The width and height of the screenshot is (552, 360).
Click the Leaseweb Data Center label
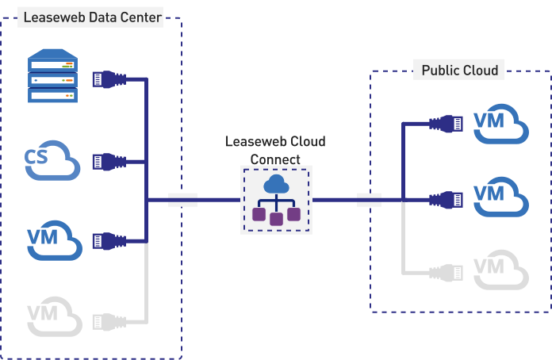tap(92, 17)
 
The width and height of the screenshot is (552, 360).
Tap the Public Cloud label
tap(460, 71)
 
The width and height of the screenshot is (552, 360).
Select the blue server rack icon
tap(54, 76)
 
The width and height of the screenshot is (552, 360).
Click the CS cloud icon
tap(52, 161)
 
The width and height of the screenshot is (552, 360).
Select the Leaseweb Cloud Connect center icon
tap(277, 200)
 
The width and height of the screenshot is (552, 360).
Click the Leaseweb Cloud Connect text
tap(276, 150)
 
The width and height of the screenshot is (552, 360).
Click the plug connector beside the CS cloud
tap(109, 161)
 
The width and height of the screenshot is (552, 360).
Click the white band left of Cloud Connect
tap(182, 200)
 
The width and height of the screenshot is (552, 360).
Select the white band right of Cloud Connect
tap(370, 200)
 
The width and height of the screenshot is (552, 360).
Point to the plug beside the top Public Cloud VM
tap(446, 124)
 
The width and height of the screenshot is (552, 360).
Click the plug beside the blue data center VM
tap(109, 239)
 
